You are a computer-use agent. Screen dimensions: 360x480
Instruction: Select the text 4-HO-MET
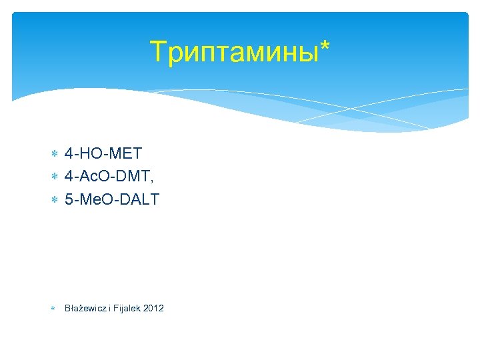point(103,154)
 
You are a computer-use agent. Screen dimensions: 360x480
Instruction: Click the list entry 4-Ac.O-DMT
point(109,177)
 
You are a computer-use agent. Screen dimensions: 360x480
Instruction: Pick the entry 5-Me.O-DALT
point(112,199)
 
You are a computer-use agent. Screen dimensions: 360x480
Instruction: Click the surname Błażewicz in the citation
point(85,308)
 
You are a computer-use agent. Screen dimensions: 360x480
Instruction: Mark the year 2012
point(153,308)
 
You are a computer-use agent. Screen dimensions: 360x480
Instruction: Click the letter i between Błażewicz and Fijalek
point(109,308)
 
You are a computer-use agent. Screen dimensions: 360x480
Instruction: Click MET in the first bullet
point(125,154)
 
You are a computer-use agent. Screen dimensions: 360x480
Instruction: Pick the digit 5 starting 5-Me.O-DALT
point(69,199)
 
